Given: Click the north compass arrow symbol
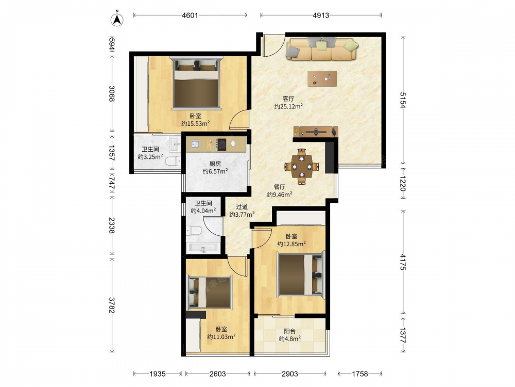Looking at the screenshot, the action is coord(116,19).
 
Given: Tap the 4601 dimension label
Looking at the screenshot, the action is coord(190,15).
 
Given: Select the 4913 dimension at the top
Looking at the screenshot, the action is coord(321,15).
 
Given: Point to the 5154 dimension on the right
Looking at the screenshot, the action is coord(403,100).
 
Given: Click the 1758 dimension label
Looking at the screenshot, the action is coord(359,374).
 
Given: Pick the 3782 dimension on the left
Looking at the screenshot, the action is coord(112,305).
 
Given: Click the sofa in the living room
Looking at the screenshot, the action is coord(322,49).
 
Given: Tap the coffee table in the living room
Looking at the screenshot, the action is coord(322,78).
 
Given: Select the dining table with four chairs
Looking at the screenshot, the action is coord(302,167).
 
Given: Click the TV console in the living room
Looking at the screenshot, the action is coord(316,132).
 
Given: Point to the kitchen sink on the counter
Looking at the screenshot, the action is coord(195,144).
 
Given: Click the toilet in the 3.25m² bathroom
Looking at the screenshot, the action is coord(173,161).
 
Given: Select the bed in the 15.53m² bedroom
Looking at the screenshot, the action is coord(196,83).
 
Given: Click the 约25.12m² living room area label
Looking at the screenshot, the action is coord(289,106).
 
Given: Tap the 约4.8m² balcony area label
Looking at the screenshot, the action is coord(290,338).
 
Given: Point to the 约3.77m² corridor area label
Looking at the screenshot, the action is coord(242,215).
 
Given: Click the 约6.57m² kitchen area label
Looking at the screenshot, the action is coord(215,171).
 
